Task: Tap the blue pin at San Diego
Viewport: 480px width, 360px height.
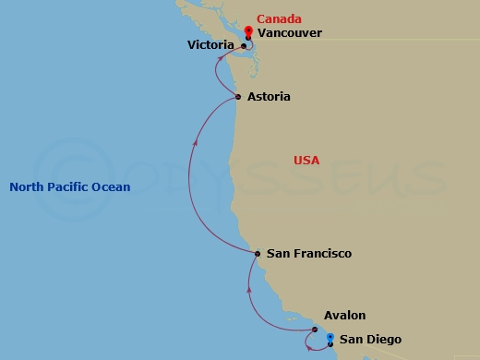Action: (x=330, y=337)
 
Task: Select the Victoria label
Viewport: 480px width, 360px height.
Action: (x=210, y=44)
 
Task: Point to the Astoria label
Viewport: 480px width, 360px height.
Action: (x=270, y=97)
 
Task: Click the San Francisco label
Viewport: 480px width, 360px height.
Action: (x=308, y=253)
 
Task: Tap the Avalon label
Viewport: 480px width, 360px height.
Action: (x=344, y=315)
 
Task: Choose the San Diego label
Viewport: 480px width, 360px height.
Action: (x=370, y=340)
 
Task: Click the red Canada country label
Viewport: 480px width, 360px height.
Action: (x=278, y=18)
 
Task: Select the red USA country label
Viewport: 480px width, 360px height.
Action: (x=306, y=161)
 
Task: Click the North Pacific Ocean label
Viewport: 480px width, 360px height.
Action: (x=69, y=187)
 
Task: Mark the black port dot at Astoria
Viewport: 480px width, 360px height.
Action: (x=238, y=97)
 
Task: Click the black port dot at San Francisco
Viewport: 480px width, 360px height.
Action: (x=258, y=253)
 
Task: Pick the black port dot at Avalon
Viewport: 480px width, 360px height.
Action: (x=315, y=328)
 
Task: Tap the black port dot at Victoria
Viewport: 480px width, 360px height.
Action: (x=243, y=46)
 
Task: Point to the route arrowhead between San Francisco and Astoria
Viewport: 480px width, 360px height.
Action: (x=194, y=144)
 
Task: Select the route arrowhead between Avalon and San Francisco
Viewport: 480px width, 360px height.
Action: (x=250, y=290)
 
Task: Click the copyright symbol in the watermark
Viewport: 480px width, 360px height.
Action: (x=88, y=174)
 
